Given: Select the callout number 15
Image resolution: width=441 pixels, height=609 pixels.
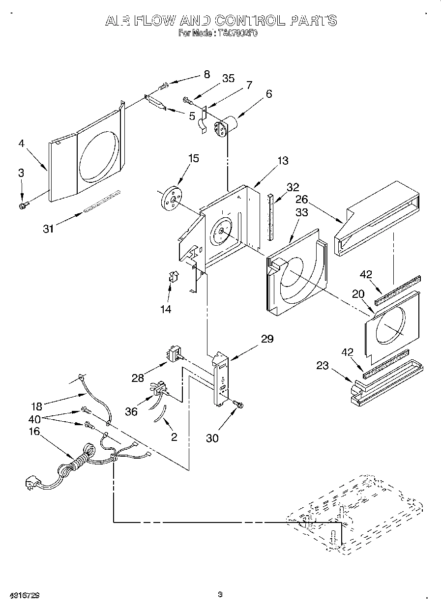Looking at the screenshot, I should pyautogui.click(x=194, y=158).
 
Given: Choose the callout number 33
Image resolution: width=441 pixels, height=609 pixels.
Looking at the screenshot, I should pyautogui.click(x=301, y=212).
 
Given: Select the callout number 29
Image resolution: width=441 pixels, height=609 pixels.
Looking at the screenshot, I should pyautogui.click(x=267, y=339).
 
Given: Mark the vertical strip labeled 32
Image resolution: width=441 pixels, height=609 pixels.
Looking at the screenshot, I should pyautogui.click(x=270, y=217).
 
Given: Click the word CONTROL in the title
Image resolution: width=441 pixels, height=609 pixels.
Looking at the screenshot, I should pyautogui.click(x=248, y=20).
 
